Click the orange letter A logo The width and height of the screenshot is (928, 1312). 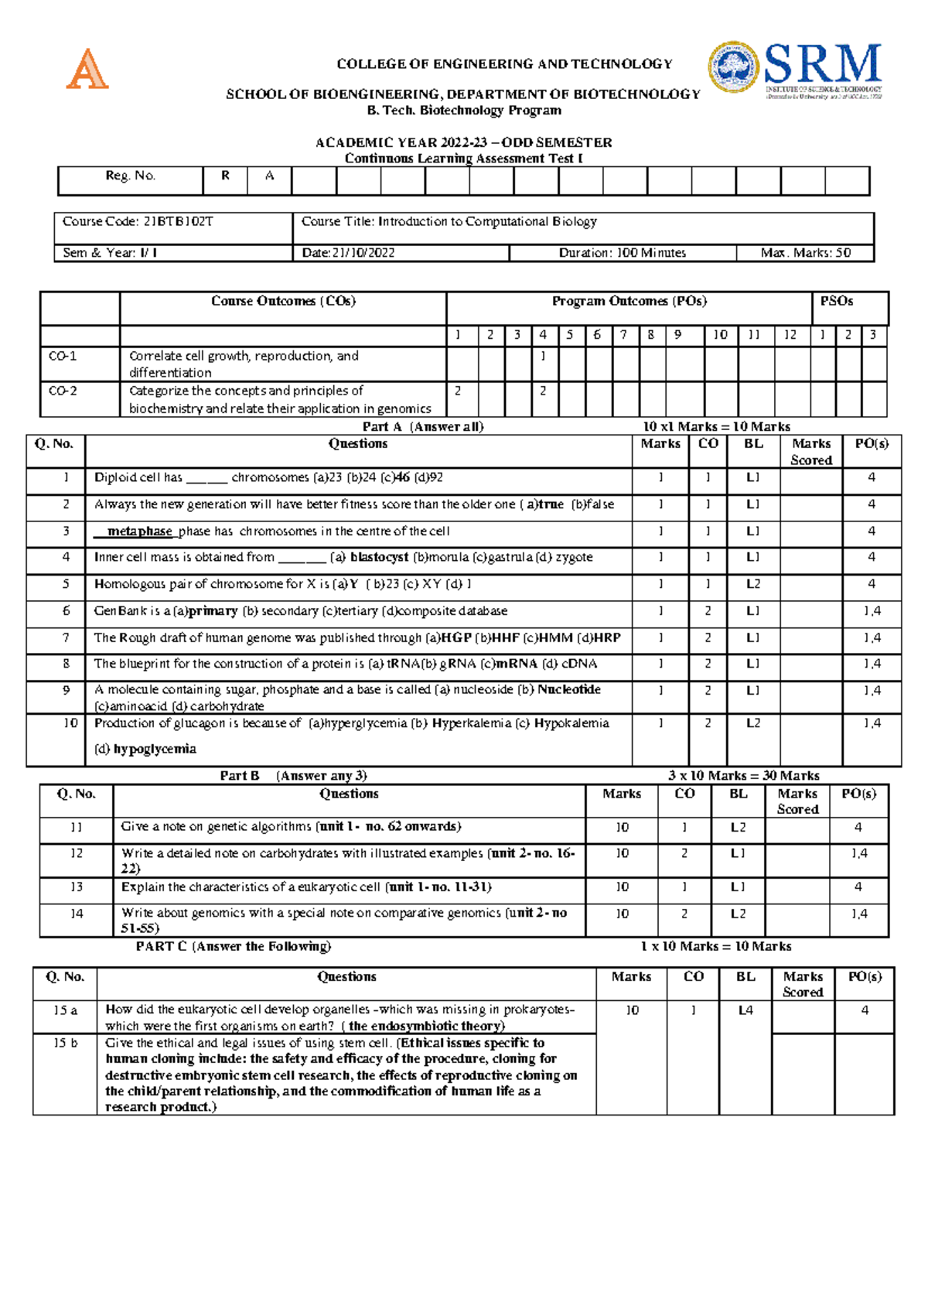click(x=87, y=69)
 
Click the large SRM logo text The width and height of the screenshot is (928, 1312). click(x=823, y=64)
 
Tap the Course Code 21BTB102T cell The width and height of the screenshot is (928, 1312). click(x=138, y=222)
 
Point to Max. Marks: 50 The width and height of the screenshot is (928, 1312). click(x=805, y=253)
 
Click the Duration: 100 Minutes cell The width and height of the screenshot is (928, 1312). click(x=622, y=253)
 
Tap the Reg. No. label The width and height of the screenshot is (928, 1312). click(x=131, y=176)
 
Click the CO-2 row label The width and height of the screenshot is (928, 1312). click(x=63, y=391)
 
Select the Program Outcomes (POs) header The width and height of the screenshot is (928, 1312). click(x=629, y=301)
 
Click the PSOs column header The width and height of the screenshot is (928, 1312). click(x=836, y=301)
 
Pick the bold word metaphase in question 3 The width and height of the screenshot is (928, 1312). click(x=139, y=531)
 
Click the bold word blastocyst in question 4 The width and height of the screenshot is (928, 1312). click(x=379, y=557)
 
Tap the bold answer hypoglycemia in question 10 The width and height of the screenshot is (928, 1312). click(x=155, y=749)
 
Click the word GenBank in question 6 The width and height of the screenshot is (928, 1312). click(x=116, y=611)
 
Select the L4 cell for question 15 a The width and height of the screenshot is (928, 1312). click(x=745, y=1010)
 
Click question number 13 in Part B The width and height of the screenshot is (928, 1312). click(x=76, y=887)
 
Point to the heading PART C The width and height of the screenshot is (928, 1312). click(x=161, y=946)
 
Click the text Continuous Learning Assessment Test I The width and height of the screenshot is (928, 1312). click(x=463, y=159)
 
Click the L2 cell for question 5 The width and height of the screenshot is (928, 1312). click(x=752, y=584)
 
